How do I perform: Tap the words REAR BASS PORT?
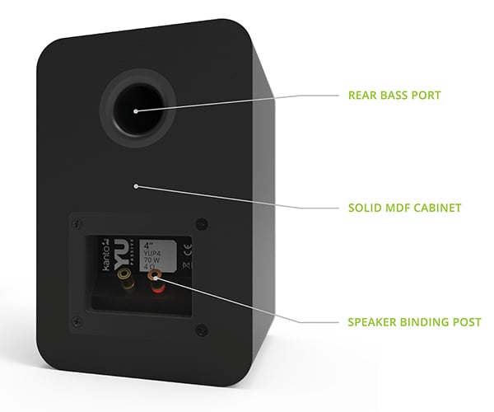click(395, 95)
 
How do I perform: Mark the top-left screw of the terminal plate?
click(77, 223)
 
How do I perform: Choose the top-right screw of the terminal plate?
click(203, 222)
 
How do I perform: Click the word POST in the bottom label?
click(466, 321)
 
